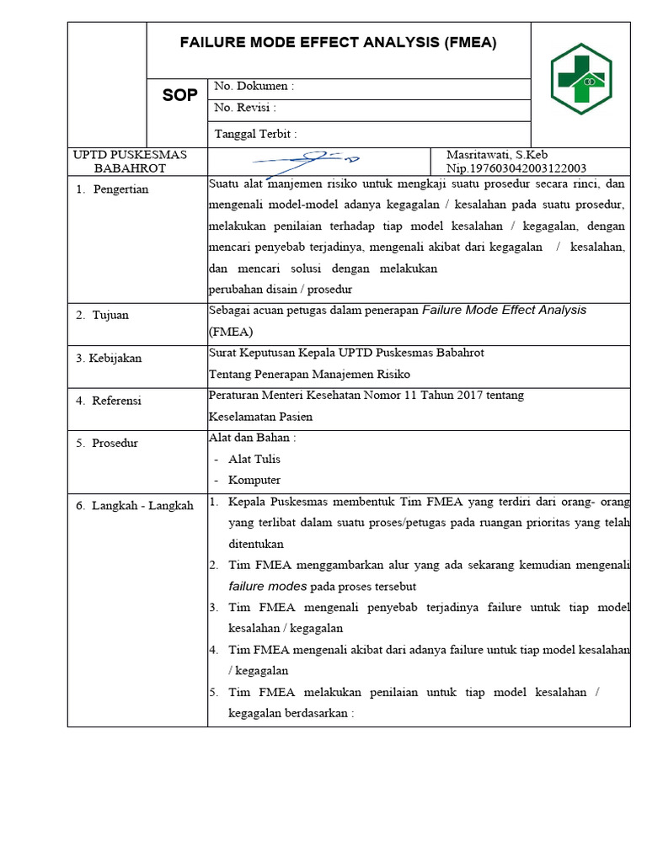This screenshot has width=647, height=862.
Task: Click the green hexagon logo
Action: pos(580,79)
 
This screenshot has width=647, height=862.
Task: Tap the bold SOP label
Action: pos(179,96)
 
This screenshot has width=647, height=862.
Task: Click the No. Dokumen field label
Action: pos(254,87)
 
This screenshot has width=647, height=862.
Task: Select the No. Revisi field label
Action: pos(245,108)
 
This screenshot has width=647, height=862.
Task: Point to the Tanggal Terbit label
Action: pos(255,133)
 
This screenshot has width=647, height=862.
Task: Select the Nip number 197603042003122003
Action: pos(516,168)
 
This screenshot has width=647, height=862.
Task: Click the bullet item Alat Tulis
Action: pos(254,459)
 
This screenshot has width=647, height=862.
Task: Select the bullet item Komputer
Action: pos(254,480)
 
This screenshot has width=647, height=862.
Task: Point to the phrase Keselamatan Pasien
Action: pos(260,416)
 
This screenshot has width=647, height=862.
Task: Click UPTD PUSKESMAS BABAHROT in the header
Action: pos(130,161)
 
